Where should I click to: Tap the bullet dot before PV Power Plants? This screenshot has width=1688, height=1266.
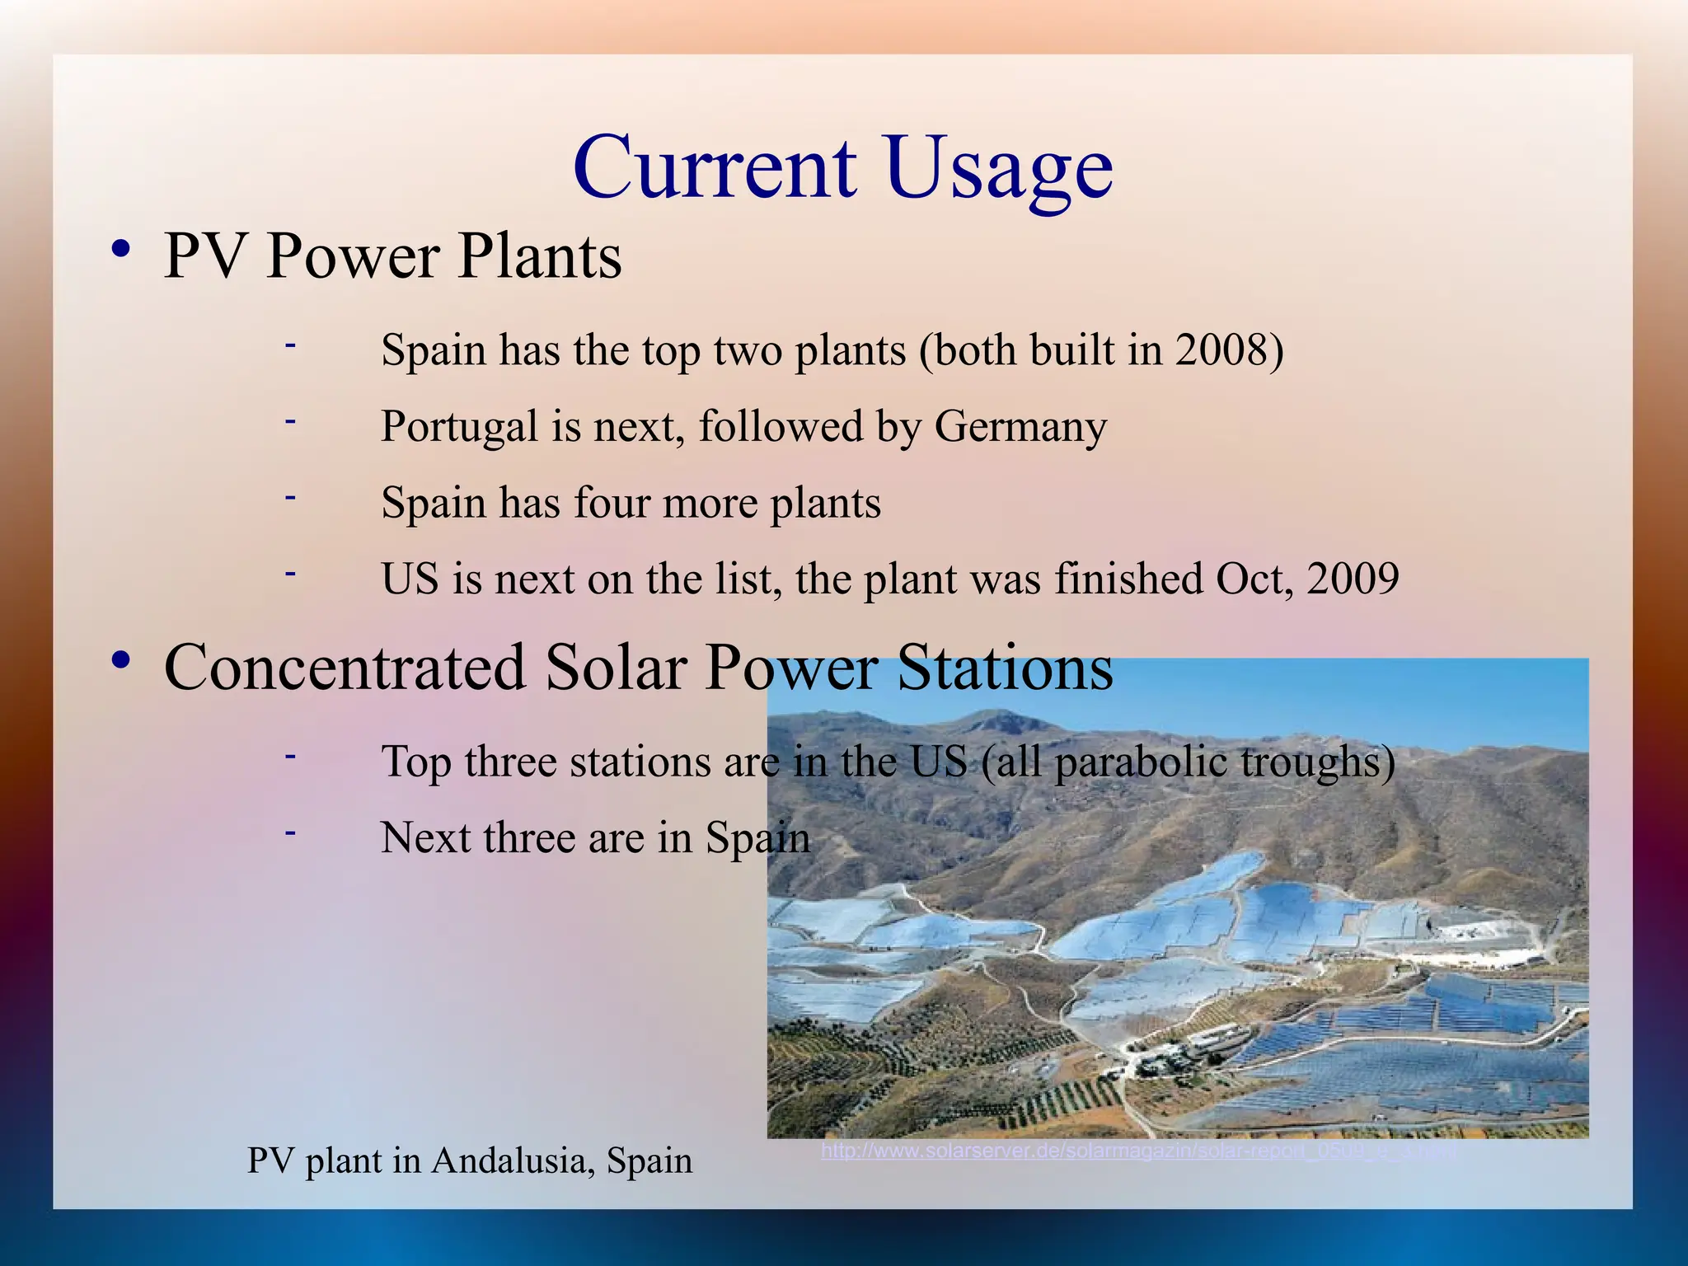[x=121, y=249]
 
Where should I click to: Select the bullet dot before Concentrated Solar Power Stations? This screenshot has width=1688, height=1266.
[x=121, y=660]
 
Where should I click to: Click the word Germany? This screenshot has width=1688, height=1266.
[x=1020, y=427]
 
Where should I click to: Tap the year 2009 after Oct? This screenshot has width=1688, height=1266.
[x=1353, y=579]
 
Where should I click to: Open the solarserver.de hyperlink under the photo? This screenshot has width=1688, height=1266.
[x=1137, y=1151]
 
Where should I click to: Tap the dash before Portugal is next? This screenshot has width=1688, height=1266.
[x=289, y=421]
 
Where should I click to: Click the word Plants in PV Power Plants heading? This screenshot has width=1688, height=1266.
[x=539, y=256]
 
